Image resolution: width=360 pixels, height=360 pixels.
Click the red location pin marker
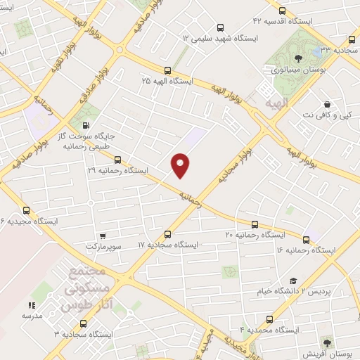pyautogui.click(x=181, y=165)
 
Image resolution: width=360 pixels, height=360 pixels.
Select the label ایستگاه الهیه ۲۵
pyautogui.click(x=168, y=81)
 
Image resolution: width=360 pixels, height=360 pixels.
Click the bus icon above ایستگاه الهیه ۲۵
pyautogui.click(x=167, y=70)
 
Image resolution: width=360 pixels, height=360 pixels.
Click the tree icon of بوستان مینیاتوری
pyautogui.click(x=300, y=59)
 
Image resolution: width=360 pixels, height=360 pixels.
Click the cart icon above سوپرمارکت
pyautogui.click(x=103, y=236)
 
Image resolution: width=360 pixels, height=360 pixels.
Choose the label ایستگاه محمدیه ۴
pyautogui.click(x=270, y=329)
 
